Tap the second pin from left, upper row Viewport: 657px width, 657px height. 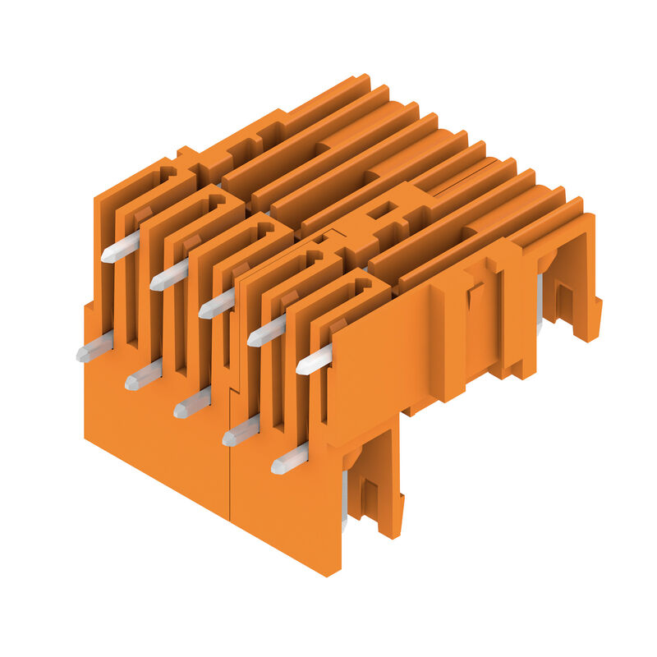coord(169,275)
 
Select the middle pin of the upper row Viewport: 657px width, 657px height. coord(217,304)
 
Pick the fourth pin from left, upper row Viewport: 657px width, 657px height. coord(266,330)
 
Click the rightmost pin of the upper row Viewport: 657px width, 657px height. coord(315,360)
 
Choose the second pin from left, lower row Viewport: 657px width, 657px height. coord(144,374)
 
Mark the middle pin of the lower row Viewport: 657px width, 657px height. coord(192,402)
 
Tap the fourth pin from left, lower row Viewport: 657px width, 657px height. coord(241,430)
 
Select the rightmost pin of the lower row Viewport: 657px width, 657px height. coord(290,459)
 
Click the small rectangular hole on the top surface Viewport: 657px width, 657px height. coord(379,212)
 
